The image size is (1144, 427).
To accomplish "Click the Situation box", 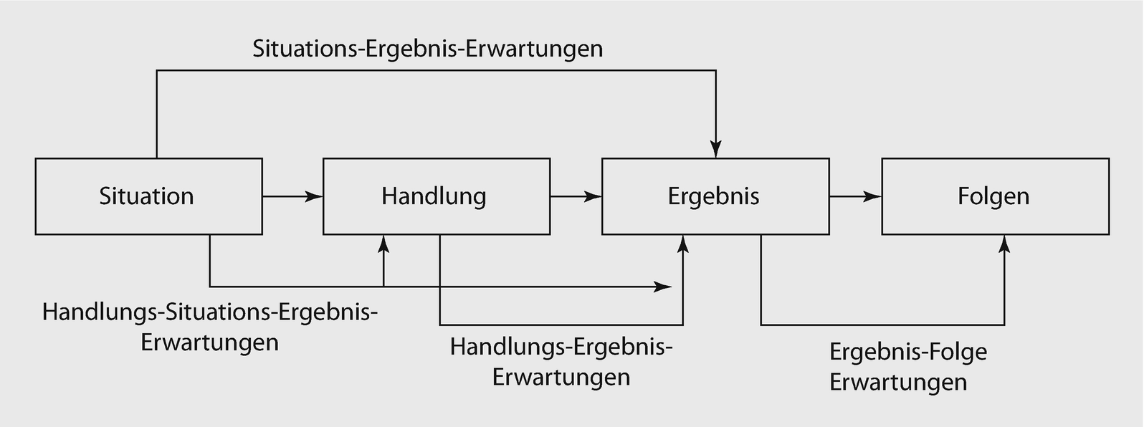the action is coord(148,196).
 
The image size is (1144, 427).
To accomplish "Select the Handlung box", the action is coord(437,196).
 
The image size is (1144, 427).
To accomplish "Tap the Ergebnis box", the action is coord(715,196).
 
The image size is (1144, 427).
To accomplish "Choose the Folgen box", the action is coord(995,196).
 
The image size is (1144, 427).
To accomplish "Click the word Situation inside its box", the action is coord(146,196).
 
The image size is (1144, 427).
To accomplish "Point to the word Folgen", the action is coord(993,196).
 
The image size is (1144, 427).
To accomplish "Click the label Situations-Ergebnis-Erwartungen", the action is coord(428,49).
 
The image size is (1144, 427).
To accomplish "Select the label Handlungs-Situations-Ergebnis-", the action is coord(210,312).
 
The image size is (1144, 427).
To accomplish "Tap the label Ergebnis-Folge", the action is coord(908,352).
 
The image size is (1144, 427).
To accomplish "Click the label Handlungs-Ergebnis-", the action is coord(561,347).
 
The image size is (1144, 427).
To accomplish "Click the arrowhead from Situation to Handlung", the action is coord(314,196).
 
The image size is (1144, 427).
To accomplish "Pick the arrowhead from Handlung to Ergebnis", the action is coord(593,196).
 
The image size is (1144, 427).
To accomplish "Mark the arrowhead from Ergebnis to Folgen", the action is coord(872,196).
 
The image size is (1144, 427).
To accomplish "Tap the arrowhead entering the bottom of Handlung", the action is coord(384,244).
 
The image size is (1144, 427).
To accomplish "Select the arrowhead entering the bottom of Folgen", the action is coord(1004,244).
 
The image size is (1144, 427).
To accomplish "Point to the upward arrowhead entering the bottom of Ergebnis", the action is coord(683,244).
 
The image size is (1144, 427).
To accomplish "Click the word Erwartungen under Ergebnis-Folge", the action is coord(898,382).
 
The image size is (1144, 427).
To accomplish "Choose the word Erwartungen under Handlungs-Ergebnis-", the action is coord(561,377).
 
